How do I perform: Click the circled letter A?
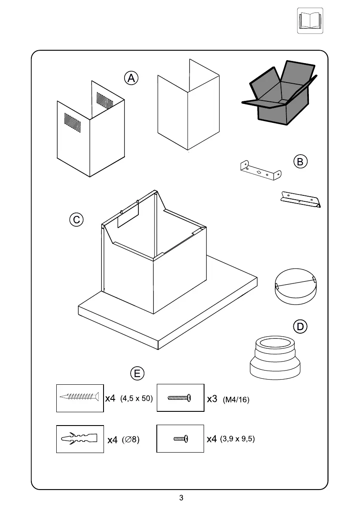(131, 78)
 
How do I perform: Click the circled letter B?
(300, 161)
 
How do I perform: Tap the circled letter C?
(76, 219)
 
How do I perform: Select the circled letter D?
(301, 327)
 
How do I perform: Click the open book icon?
(310, 21)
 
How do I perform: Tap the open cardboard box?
(280, 92)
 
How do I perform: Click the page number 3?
(181, 498)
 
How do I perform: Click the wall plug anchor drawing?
(80, 439)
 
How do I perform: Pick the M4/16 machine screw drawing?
(180, 398)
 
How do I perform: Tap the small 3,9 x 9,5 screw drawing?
(180, 438)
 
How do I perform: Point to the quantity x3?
(212, 399)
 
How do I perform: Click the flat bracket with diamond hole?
(260, 170)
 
